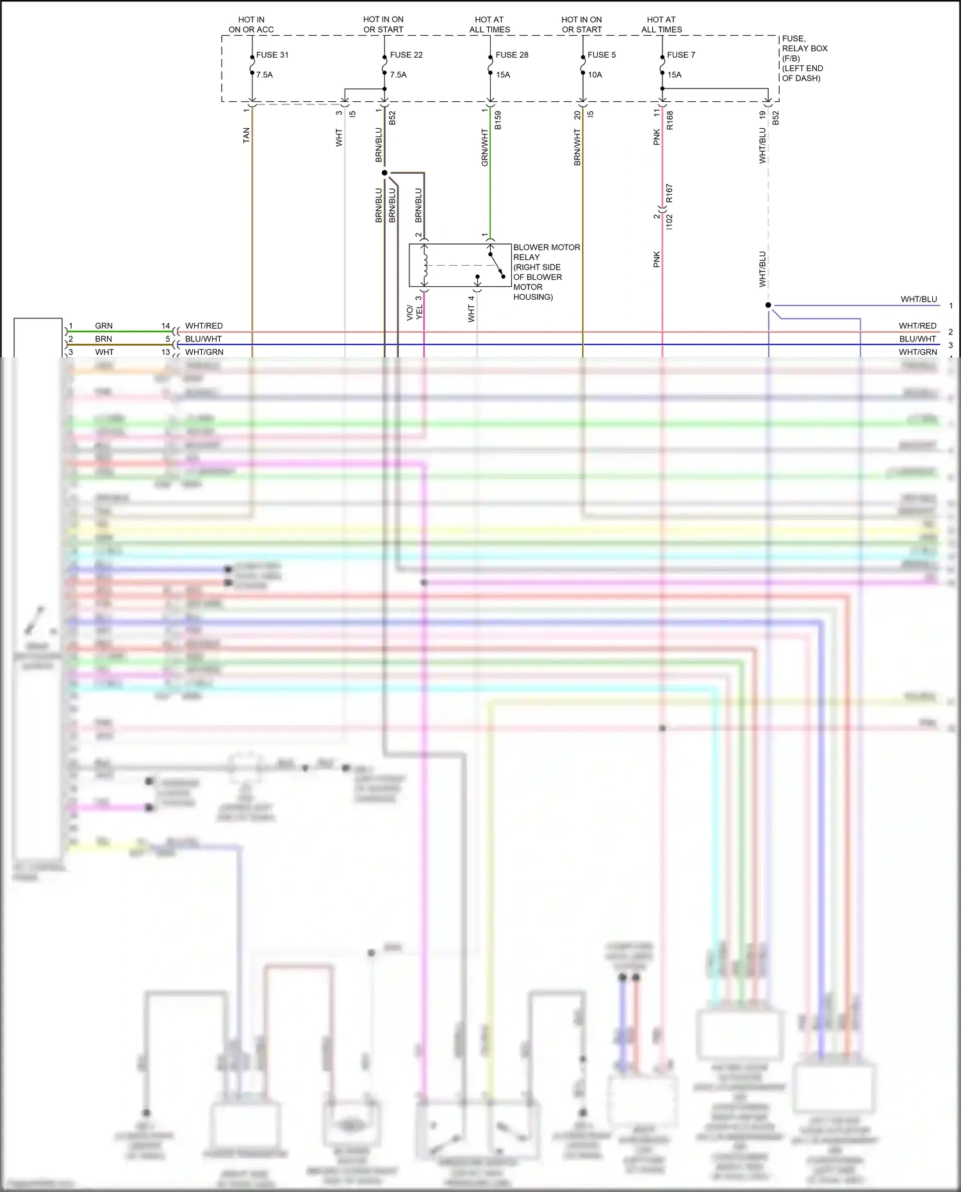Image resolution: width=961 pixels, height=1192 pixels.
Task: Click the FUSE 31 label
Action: pos(272,55)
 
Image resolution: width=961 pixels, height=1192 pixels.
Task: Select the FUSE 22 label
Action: pos(406,55)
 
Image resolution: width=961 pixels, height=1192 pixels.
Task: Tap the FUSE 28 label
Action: pos(512,55)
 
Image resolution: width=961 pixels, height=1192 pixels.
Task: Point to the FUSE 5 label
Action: pos(602,55)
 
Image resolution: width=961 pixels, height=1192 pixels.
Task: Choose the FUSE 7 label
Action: pos(681,55)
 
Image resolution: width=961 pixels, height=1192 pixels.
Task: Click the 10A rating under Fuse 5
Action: pos(595,75)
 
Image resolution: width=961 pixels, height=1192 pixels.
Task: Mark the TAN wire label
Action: pos(247,135)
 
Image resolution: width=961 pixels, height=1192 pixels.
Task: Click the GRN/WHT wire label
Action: pos(485,147)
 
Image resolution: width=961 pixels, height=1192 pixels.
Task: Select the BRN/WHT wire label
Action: pos(577,147)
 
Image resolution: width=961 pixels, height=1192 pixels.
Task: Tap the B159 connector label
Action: pos(498,120)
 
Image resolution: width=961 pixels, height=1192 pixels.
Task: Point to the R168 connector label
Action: pos(670,120)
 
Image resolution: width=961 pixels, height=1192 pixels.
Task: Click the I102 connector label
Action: pos(669,222)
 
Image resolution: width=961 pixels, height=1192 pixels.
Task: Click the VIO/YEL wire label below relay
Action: pos(415,312)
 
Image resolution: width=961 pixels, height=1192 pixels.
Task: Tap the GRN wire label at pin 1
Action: pos(104,326)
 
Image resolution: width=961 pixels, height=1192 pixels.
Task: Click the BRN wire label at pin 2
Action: pos(104,339)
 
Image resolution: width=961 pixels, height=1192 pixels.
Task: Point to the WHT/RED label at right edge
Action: pos(917,326)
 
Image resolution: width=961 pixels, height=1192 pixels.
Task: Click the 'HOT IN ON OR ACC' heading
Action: pos(251,25)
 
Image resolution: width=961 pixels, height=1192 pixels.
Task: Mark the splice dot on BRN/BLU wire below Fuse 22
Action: pos(384,173)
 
